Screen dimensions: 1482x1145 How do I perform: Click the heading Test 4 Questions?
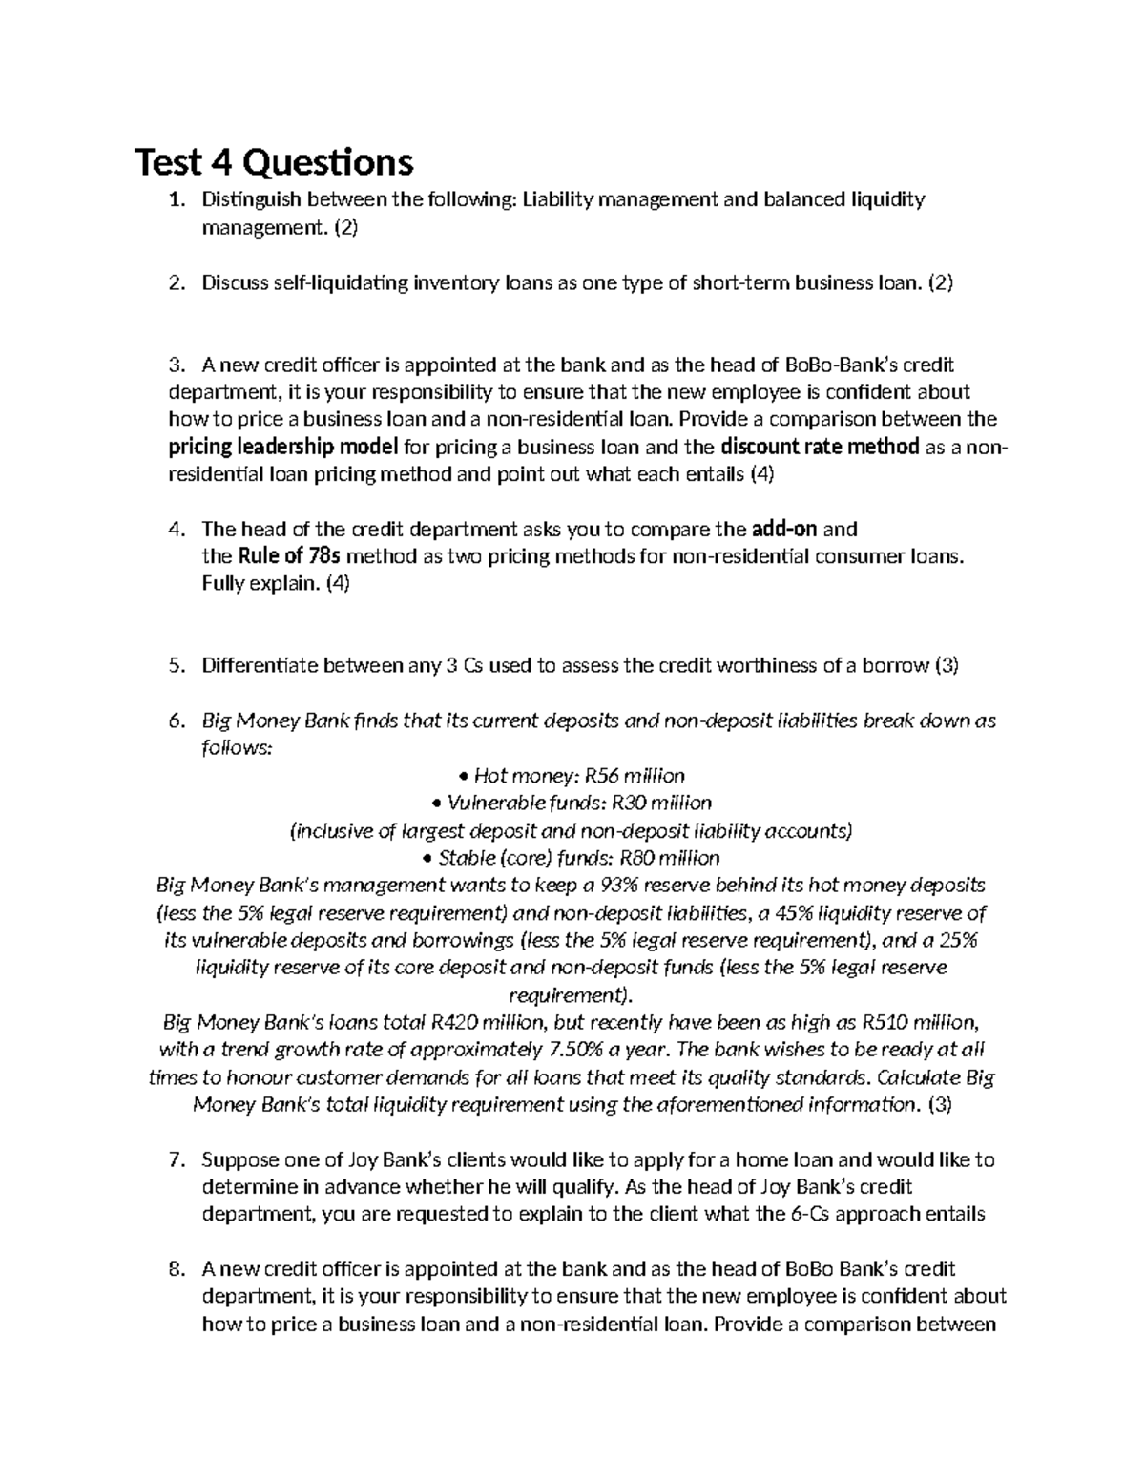pyautogui.click(x=275, y=162)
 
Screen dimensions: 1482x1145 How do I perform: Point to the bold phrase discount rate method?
pyautogui.click(x=820, y=447)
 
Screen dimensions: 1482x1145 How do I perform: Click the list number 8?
pyautogui.click(x=174, y=1269)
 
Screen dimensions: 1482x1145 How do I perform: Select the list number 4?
pyautogui.click(x=174, y=530)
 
